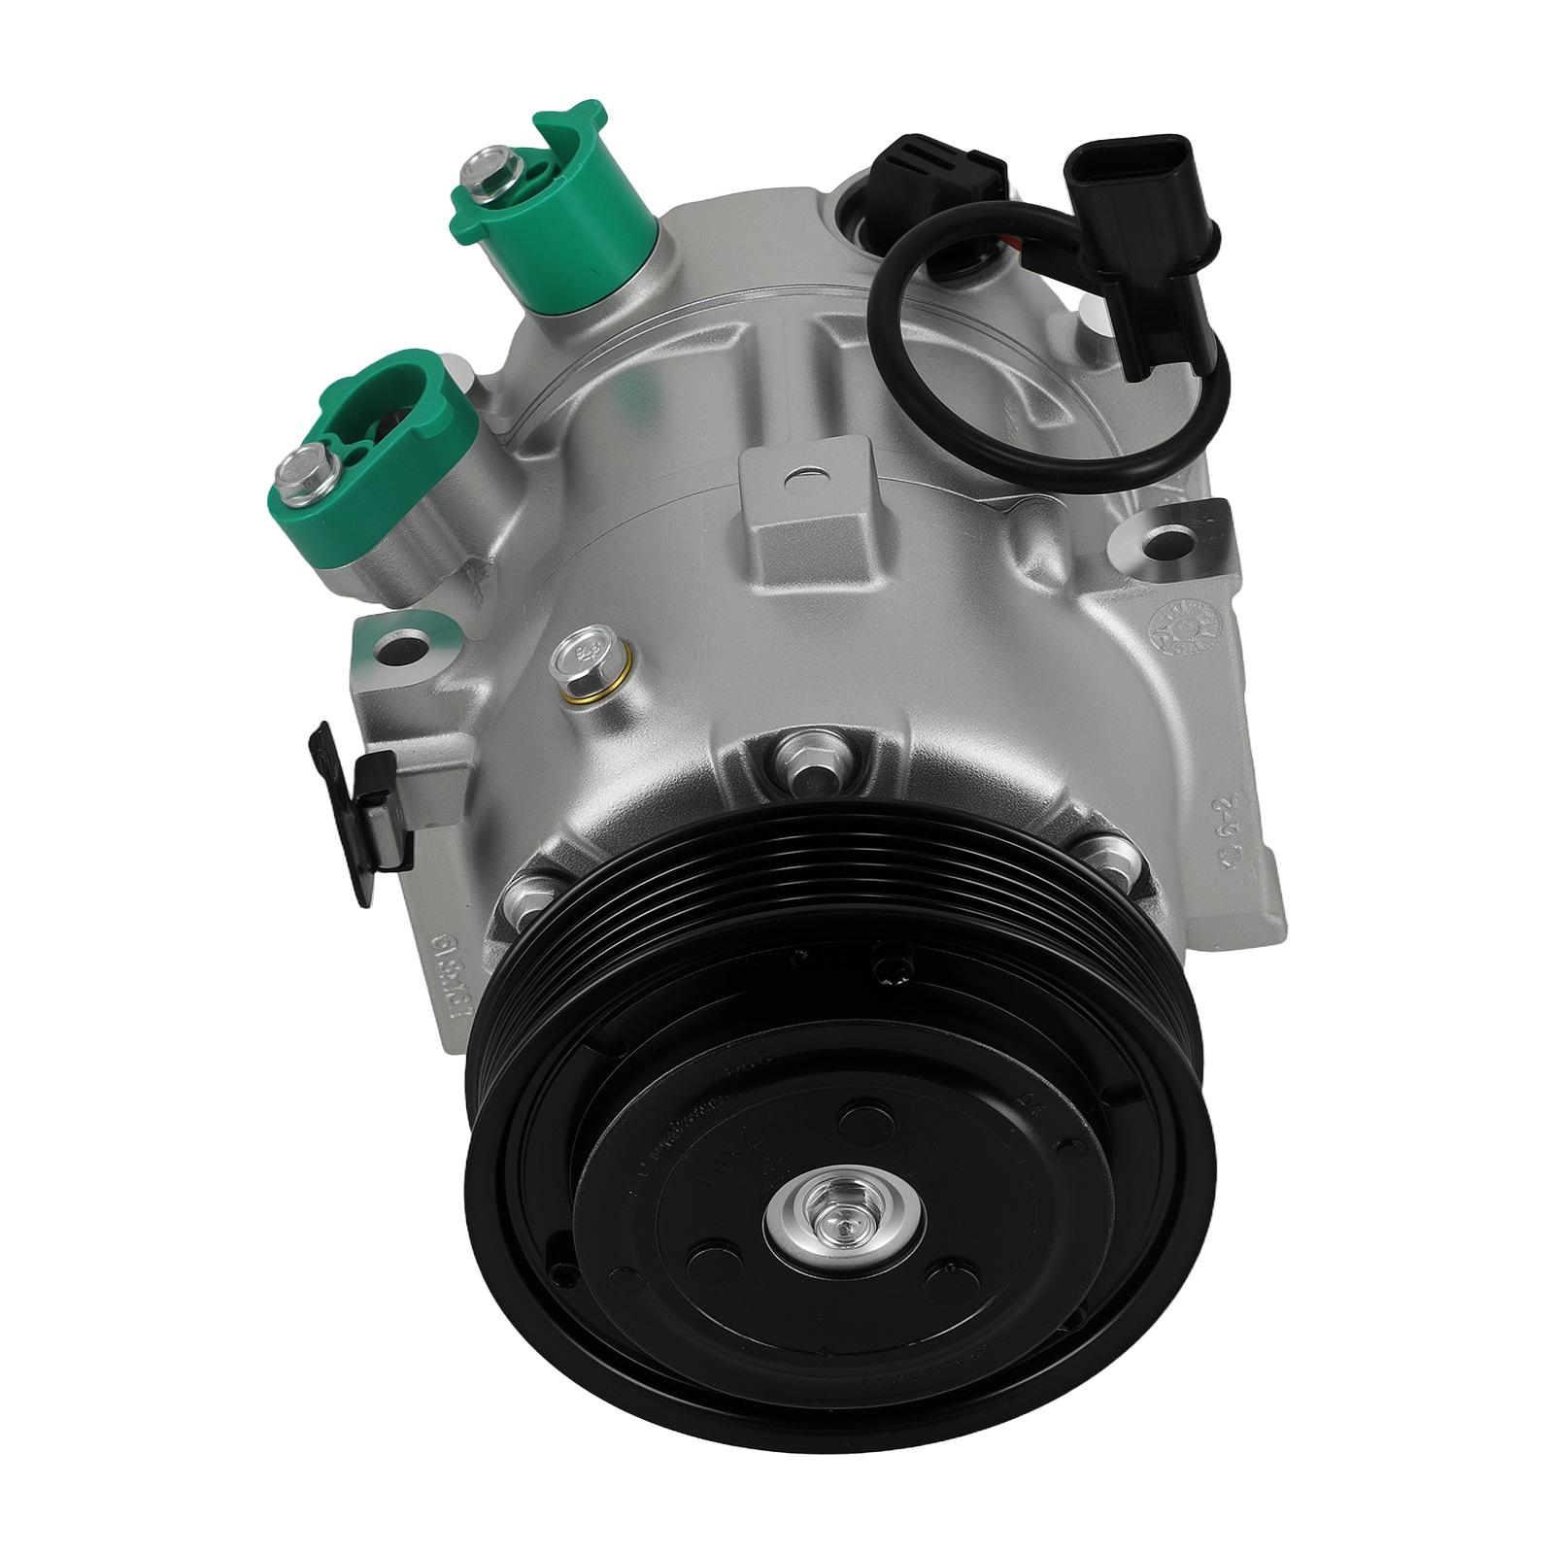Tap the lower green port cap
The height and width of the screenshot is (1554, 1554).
click(403, 456)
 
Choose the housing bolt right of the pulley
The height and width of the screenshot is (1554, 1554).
click(1108, 860)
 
